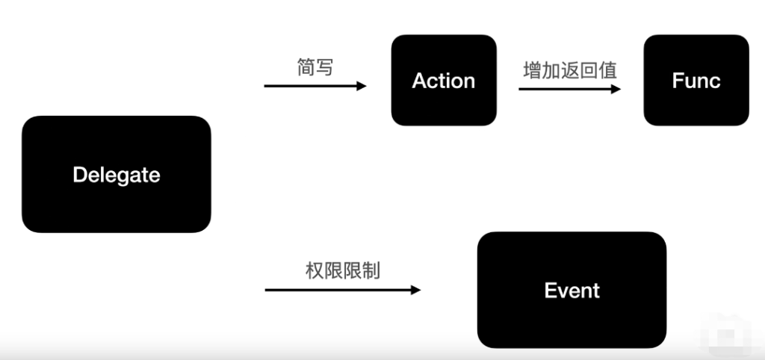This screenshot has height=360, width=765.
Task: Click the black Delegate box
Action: (117, 174)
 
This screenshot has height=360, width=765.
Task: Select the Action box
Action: (444, 80)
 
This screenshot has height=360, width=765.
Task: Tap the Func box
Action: (696, 80)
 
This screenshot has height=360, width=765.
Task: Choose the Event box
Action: (572, 290)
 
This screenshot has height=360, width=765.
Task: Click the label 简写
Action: (315, 67)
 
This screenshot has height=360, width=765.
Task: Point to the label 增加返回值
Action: (570, 71)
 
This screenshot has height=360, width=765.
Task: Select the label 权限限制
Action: (342, 270)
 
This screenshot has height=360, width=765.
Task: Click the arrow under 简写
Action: (315, 86)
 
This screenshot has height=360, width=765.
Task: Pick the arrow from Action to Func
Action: (569, 89)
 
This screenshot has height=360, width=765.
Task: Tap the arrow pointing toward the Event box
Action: (342, 289)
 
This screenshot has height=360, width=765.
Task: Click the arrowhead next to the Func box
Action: (616, 89)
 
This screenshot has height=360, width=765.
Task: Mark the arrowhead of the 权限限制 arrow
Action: (415, 289)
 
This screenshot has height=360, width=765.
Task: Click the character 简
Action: (306, 67)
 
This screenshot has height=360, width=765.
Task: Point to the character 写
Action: (324, 67)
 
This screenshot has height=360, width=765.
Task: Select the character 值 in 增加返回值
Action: (608, 71)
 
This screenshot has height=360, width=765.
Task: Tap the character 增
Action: (533, 71)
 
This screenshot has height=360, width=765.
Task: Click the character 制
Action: (371, 270)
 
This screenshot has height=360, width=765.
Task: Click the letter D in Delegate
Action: (79, 175)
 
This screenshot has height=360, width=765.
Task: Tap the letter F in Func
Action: (677, 81)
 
